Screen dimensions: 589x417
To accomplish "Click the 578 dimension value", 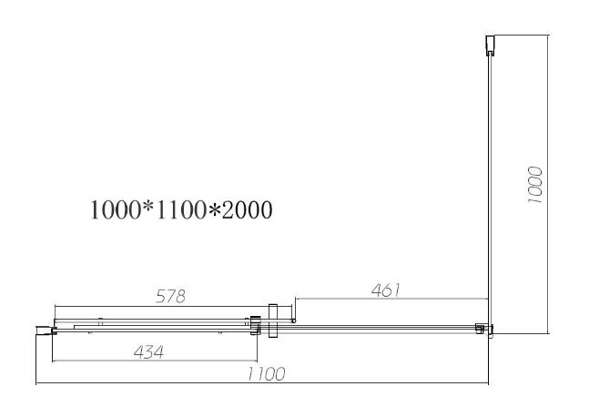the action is tap(170, 297).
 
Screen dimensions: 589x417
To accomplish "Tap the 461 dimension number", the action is tap(386, 290).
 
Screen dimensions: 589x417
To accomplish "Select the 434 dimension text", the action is tap(148, 352).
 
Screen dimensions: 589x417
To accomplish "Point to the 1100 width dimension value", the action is tap(267, 374).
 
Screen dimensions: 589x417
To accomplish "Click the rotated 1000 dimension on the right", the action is tap(535, 185).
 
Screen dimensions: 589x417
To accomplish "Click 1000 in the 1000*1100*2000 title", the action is tap(116, 210).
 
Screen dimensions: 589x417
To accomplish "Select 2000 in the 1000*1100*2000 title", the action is tap(247, 210).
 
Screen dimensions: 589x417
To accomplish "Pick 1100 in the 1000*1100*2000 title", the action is tap(181, 210).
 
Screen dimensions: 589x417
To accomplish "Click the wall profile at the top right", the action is tap(490, 46).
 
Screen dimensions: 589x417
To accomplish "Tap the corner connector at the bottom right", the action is tap(484, 329).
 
